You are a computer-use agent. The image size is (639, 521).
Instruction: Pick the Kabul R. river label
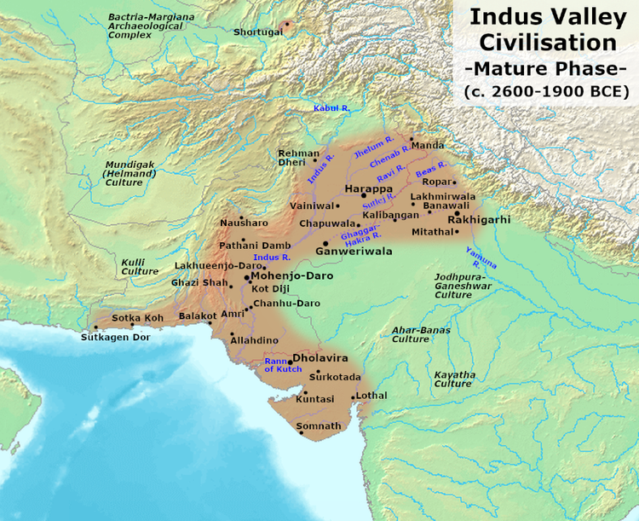pyautogui.click(x=332, y=108)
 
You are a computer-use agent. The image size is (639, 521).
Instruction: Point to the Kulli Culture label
pyautogui.click(x=140, y=266)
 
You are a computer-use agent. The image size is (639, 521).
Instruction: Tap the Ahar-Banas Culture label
pyautogui.click(x=411, y=333)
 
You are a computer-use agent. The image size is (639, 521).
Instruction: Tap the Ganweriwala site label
pyautogui.click(x=354, y=252)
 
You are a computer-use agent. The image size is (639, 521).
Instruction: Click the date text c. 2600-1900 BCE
pyautogui.click(x=546, y=90)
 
